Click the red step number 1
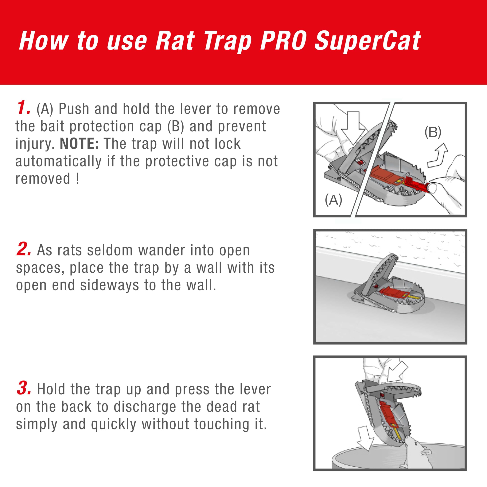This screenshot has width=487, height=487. tap(23, 108)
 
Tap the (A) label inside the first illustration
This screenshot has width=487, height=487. tap(333, 200)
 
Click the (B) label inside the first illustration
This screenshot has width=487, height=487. tap(433, 132)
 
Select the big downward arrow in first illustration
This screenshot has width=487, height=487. tap(353, 129)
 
